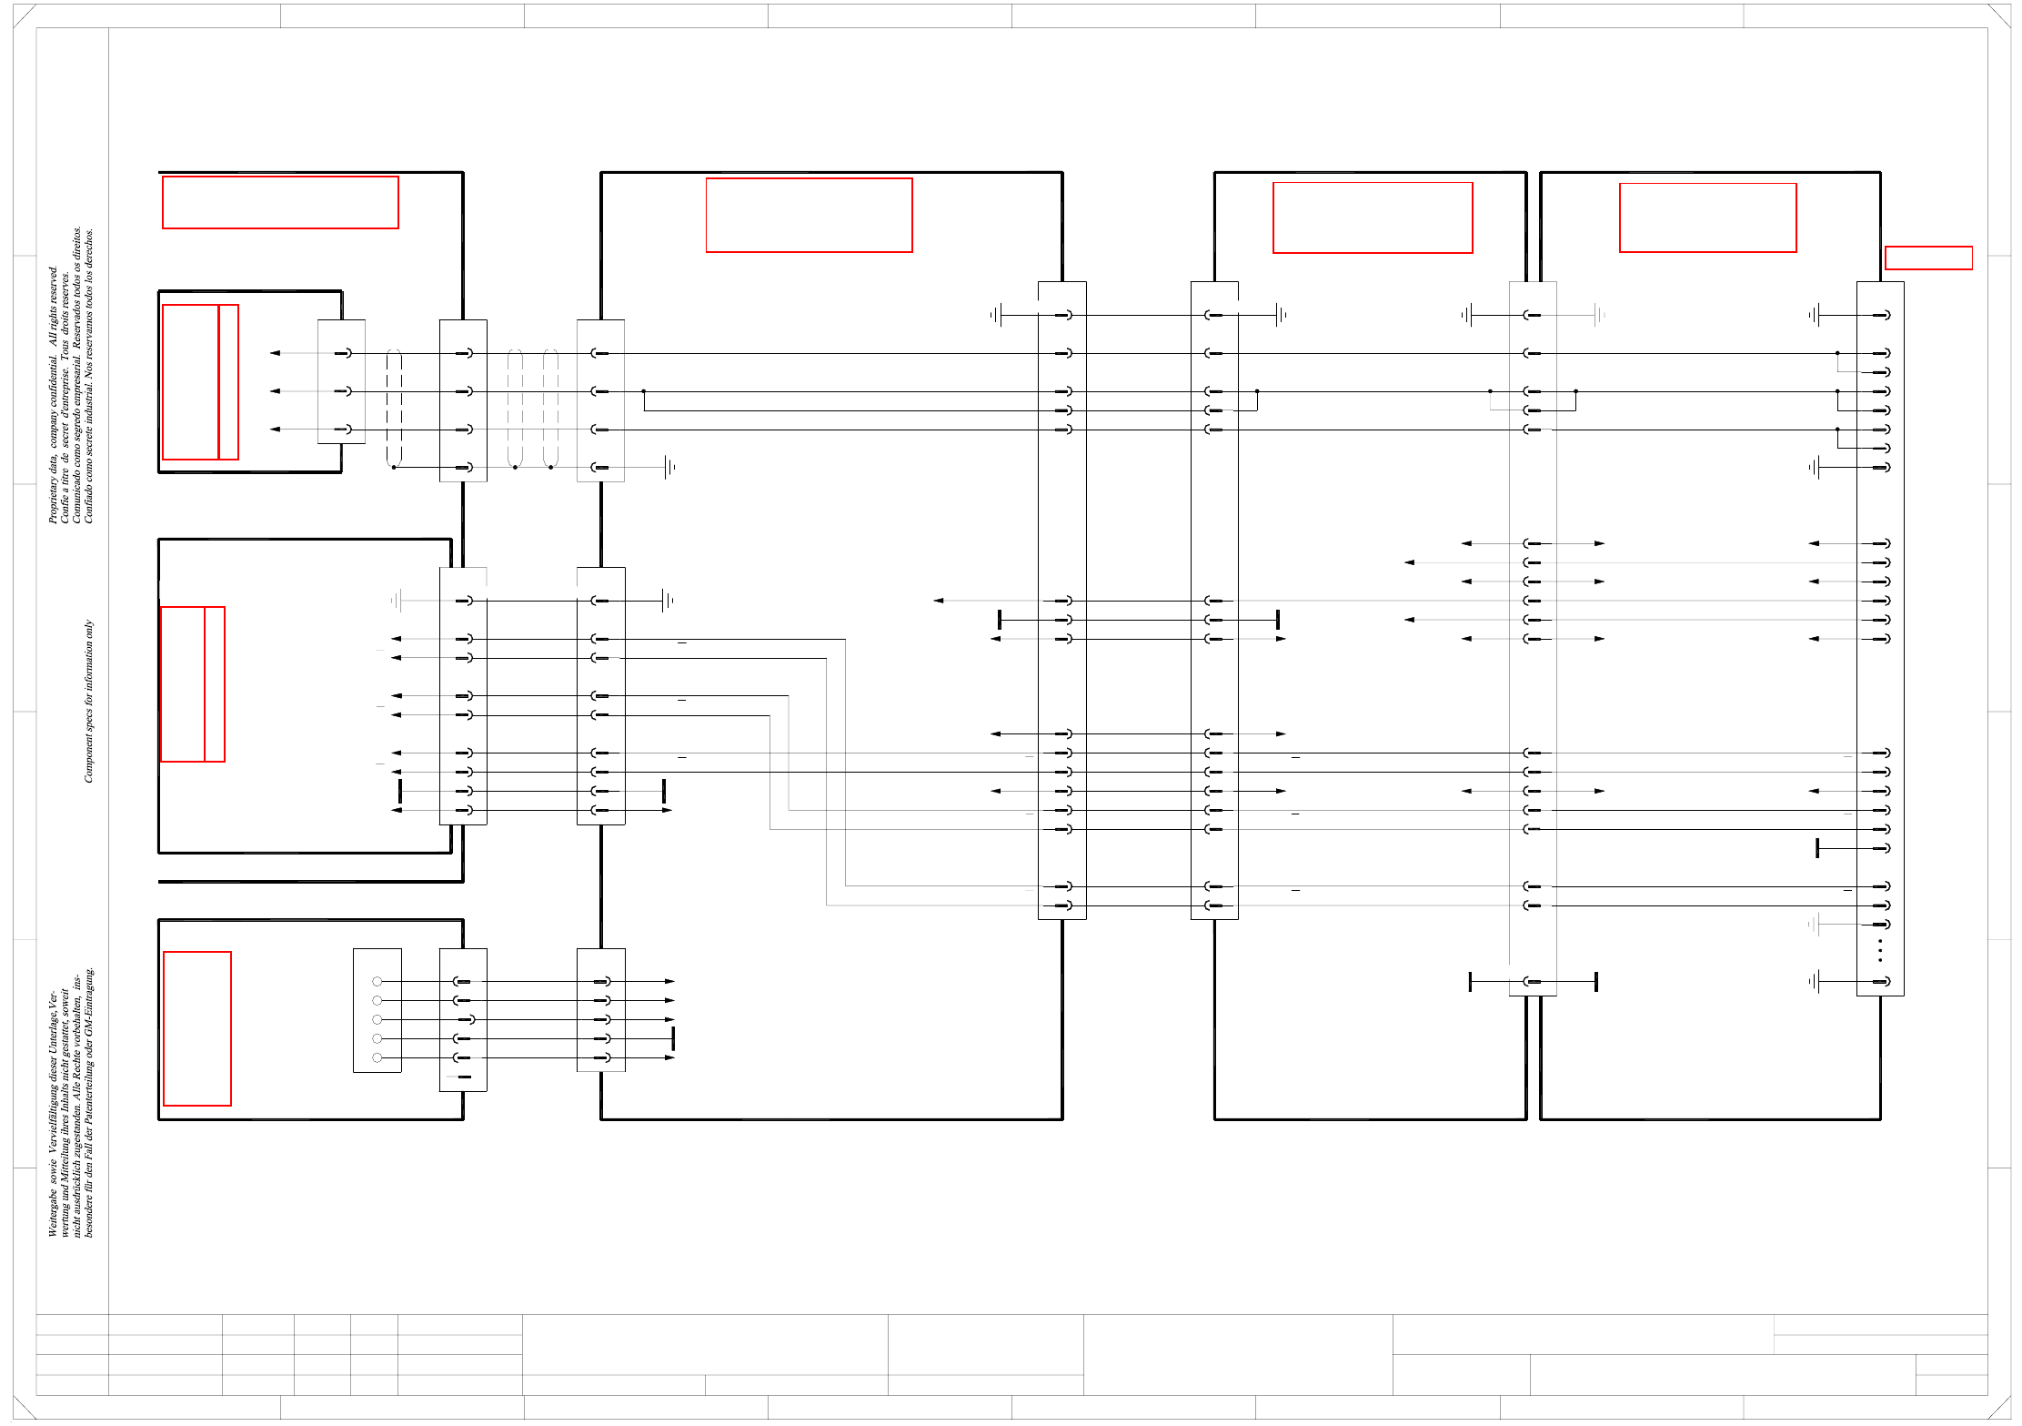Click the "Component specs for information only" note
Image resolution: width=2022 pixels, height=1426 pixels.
(88, 701)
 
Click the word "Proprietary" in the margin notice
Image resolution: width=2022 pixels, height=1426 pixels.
(53, 497)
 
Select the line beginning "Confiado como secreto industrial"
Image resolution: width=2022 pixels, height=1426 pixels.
(88, 376)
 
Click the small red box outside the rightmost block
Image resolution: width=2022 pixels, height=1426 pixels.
(1928, 258)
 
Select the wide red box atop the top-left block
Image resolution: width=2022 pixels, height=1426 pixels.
(280, 202)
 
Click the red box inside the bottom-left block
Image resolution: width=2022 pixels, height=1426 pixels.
(197, 1028)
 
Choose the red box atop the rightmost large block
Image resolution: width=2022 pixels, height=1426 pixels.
(1707, 217)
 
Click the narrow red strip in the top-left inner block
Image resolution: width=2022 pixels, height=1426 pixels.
(229, 382)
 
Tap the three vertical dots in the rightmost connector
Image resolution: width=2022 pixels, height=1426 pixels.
(1880, 950)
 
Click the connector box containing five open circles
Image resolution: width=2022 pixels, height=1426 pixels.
(377, 1010)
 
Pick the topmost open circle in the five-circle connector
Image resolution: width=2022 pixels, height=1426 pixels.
(377, 981)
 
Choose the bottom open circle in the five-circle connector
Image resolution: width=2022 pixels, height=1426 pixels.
(377, 1057)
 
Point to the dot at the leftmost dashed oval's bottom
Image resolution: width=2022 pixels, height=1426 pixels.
(394, 467)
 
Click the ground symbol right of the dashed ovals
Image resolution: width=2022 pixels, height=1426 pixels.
(669, 467)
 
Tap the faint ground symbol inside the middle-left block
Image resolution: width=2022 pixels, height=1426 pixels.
(397, 601)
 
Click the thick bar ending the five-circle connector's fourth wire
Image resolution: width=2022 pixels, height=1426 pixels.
(673, 1038)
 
